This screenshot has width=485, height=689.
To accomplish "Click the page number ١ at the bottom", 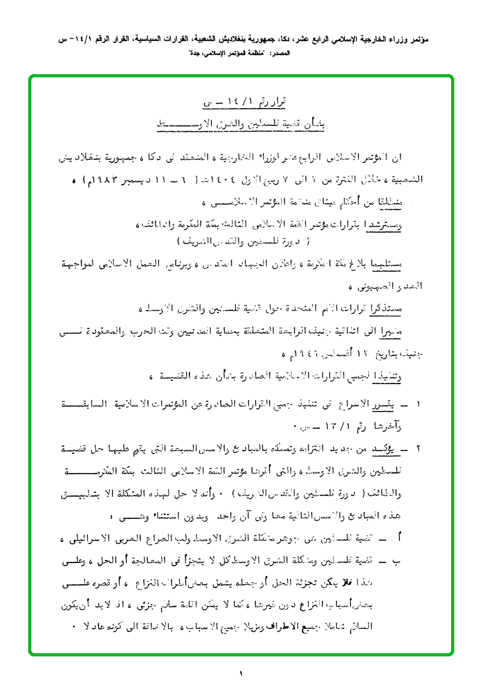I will [242, 673].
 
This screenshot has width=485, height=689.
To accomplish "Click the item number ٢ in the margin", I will [419, 450].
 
